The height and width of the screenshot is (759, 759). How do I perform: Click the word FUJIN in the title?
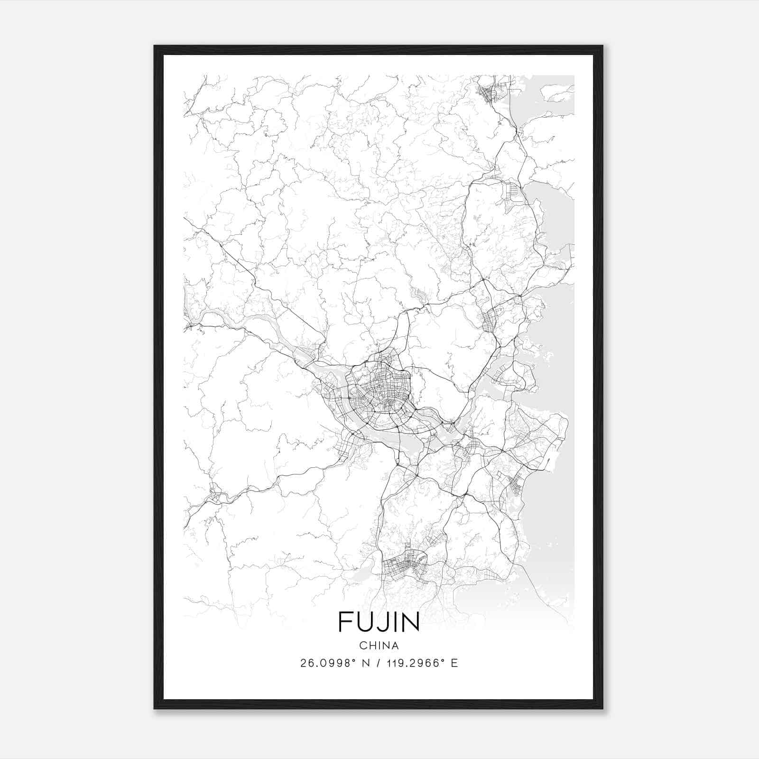point(379,622)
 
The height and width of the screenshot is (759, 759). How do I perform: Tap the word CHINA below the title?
point(379,646)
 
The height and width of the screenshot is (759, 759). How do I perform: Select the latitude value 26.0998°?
point(328,663)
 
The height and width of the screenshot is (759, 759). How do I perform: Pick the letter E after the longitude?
point(454,663)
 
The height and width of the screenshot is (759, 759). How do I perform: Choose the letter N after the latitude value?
point(366,663)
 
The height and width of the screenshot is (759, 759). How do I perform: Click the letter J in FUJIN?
point(381,622)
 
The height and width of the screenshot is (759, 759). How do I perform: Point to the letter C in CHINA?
point(362,646)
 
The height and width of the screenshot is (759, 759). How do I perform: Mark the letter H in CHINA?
point(371,646)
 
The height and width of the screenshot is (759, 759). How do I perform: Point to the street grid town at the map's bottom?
point(403,565)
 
